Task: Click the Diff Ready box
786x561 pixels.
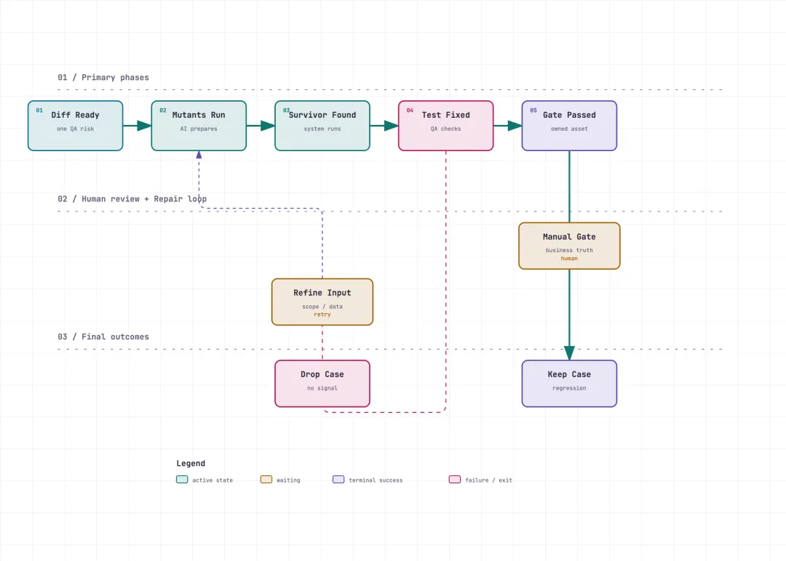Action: pos(75,126)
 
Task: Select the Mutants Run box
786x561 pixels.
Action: pos(199,126)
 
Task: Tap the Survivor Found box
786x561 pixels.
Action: pos(322,126)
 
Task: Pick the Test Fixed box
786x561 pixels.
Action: pos(445,126)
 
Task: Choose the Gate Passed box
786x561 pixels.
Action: pos(569,126)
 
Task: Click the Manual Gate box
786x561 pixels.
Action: pos(569,246)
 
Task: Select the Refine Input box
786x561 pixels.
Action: pos(322,302)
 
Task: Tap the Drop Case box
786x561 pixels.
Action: pos(322,384)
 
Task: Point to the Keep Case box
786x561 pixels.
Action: pos(569,384)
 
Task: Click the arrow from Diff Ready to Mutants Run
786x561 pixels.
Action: pos(138,126)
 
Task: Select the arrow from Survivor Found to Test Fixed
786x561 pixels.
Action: pos(384,126)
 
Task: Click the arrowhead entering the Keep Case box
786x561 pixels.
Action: pos(569,353)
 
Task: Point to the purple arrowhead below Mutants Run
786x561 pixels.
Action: pos(199,155)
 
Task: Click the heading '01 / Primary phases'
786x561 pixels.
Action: pos(103,78)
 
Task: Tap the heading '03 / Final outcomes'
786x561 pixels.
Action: pos(103,336)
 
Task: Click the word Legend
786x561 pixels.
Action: pos(191,464)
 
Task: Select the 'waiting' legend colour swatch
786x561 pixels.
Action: pos(266,480)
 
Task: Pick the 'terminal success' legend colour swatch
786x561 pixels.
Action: pos(338,480)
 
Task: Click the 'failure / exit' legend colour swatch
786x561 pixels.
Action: pos(455,480)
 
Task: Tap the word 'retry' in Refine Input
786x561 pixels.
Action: pos(322,315)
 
